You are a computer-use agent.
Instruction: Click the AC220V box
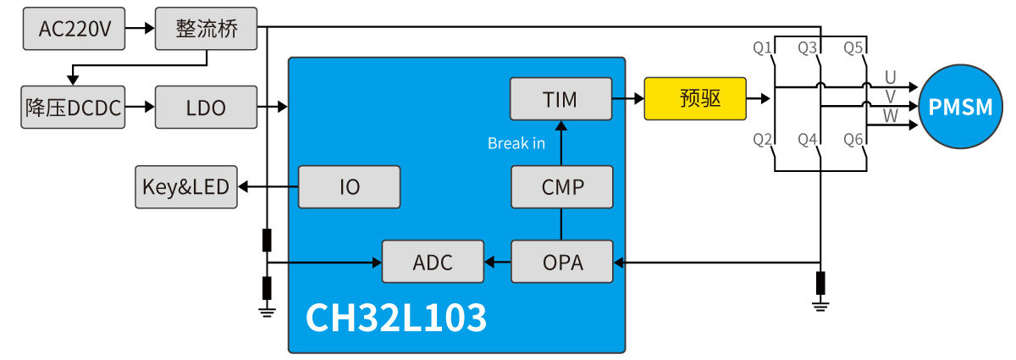tap(75, 29)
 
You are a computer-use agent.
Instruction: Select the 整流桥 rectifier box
tap(206, 29)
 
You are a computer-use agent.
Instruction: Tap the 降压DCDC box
tap(73, 108)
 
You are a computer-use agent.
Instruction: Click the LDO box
tap(206, 108)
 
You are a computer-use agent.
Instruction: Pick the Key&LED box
tap(186, 186)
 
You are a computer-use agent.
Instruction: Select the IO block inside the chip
tap(349, 186)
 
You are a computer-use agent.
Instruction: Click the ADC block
tap(433, 262)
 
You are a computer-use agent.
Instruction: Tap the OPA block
tap(562, 262)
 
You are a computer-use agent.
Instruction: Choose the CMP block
tap(562, 186)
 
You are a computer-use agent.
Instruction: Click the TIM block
tap(560, 98)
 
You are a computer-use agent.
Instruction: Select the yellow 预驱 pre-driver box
tap(695, 98)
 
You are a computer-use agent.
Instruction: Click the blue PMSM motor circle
tap(959, 108)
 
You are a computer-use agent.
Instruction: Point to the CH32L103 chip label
tap(395, 318)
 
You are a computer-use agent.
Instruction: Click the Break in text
tap(516, 143)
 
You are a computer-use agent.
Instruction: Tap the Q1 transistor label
tap(763, 48)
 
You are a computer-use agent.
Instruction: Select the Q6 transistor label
tap(853, 139)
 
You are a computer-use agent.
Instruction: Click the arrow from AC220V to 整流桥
tap(140, 29)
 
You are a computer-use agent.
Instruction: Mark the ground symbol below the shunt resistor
tap(820, 306)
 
